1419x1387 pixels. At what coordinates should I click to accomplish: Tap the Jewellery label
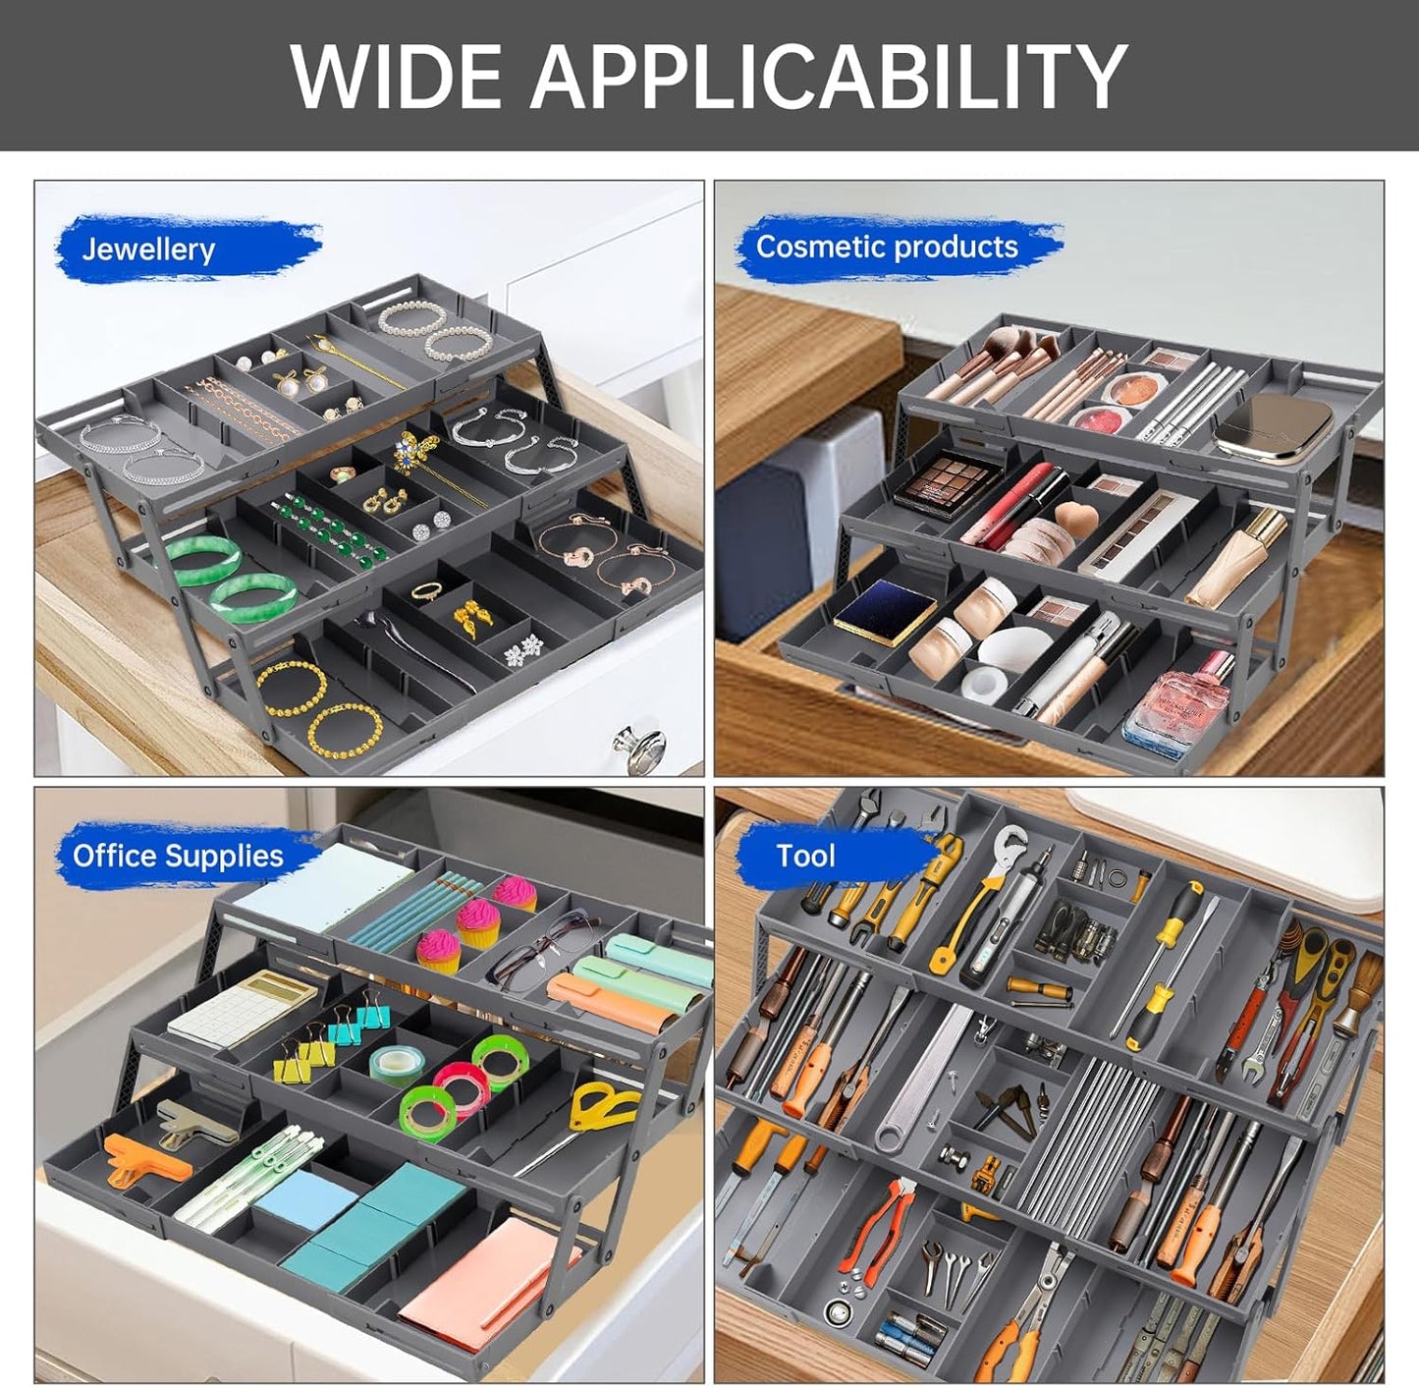(x=148, y=250)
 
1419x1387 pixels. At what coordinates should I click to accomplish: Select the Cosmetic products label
(x=887, y=247)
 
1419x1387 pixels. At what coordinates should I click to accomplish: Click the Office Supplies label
(x=178, y=856)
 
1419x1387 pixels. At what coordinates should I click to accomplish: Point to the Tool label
(x=805, y=856)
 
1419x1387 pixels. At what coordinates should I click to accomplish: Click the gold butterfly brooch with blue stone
(x=415, y=454)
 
